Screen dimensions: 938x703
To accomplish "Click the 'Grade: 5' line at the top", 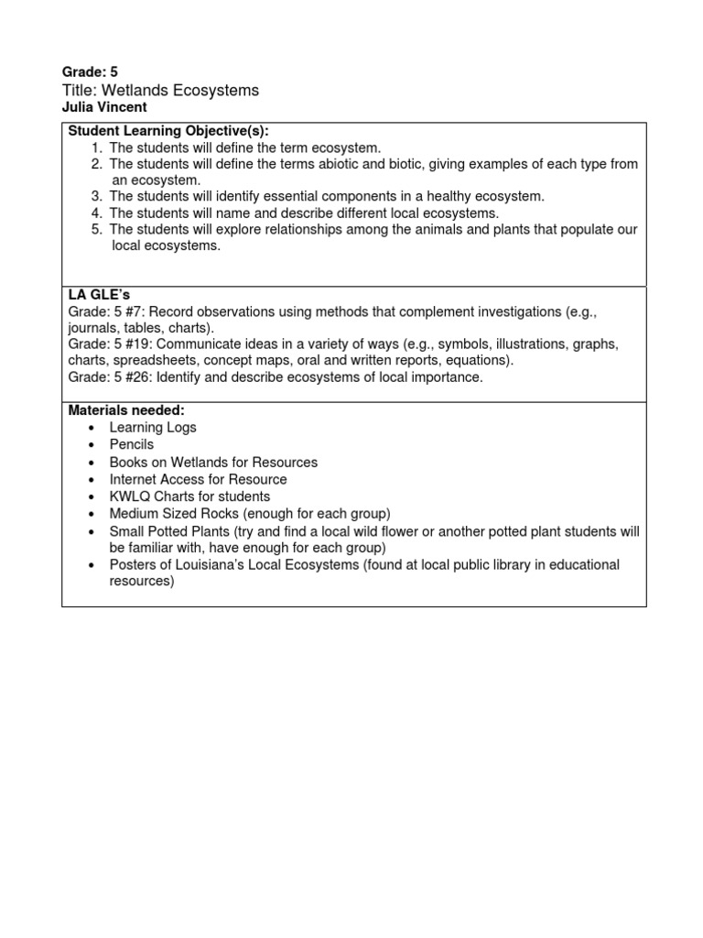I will pos(90,71).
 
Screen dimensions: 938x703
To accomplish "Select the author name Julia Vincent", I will pos(103,107).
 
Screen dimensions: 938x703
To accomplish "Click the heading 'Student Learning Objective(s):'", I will pos(168,131).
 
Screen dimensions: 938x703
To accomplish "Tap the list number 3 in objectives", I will pos(96,196).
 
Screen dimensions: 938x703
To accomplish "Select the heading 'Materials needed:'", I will pos(126,410).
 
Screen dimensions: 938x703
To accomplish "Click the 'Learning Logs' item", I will pos(152,428).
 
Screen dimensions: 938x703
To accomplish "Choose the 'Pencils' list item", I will pos(132,444).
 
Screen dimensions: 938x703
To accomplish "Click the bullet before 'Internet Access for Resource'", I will pos(92,480).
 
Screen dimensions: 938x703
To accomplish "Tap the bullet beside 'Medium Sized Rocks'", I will pos(92,514).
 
